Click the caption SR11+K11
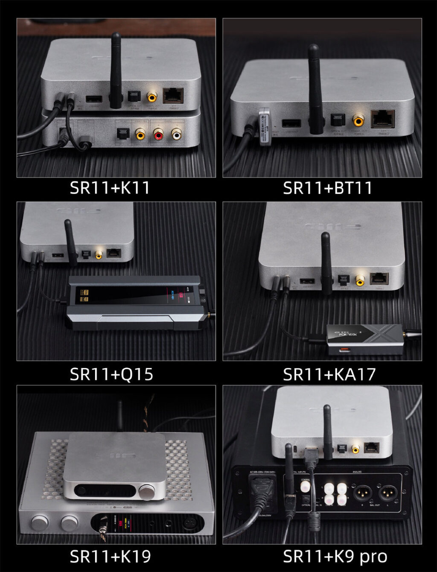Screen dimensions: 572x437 tap(110, 188)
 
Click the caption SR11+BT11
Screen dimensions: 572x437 tap(328, 188)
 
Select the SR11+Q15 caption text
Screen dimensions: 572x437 tap(111, 374)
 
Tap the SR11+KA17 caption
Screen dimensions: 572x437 tap(329, 374)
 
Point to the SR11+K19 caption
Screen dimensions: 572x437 tap(110, 557)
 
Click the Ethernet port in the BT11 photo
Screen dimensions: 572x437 tap(382, 119)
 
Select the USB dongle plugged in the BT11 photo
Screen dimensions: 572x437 tap(265, 127)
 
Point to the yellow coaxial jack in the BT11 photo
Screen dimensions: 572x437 tap(358, 120)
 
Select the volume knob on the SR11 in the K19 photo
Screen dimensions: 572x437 tap(147, 492)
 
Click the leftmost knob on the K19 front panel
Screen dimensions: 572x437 tap(40, 523)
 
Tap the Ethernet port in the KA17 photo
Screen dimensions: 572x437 tap(379, 279)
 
